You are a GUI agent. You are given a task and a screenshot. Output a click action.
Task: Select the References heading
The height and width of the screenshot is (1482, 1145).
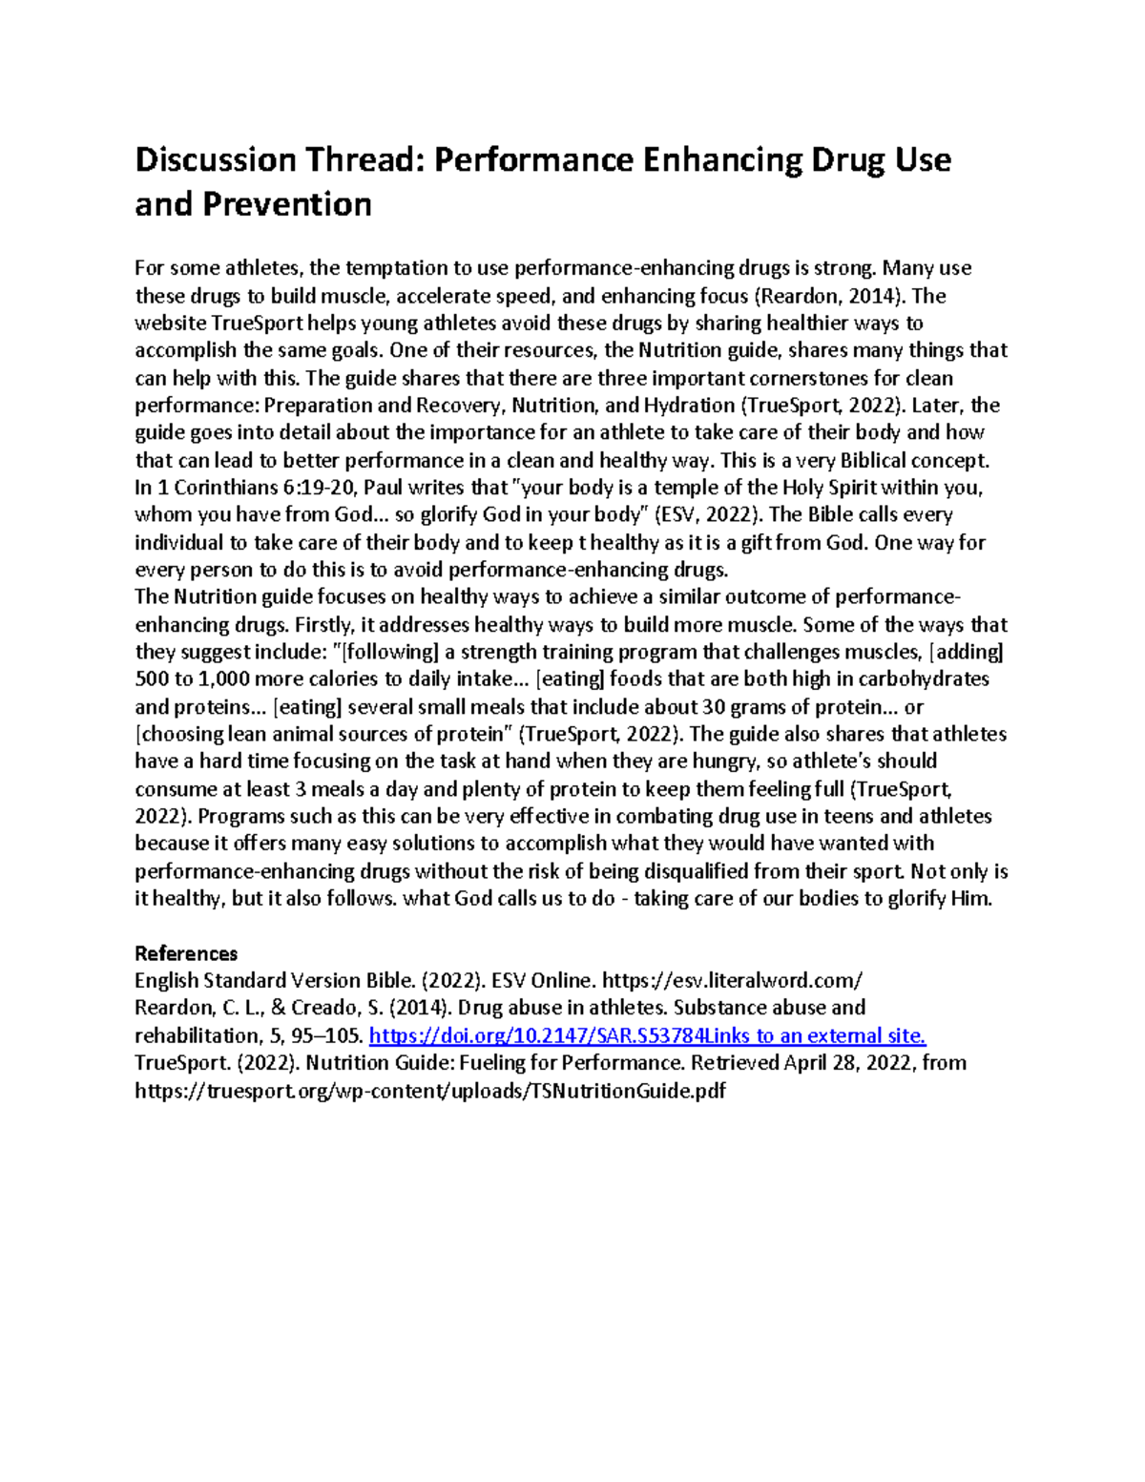[186, 953]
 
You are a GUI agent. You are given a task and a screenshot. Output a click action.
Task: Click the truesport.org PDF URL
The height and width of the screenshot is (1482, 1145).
[430, 1091]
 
